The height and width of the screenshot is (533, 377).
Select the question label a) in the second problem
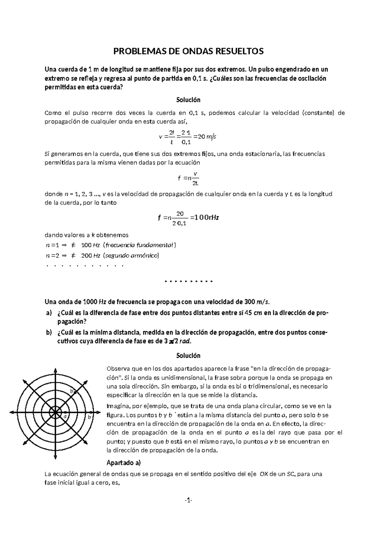(x=48, y=313)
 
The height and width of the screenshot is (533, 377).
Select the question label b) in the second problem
(x=48, y=333)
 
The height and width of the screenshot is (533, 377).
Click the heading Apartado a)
(x=124, y=463)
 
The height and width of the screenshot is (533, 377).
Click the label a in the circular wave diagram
(x=65, y=416)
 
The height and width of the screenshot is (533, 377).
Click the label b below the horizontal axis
(x=89, y=417)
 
